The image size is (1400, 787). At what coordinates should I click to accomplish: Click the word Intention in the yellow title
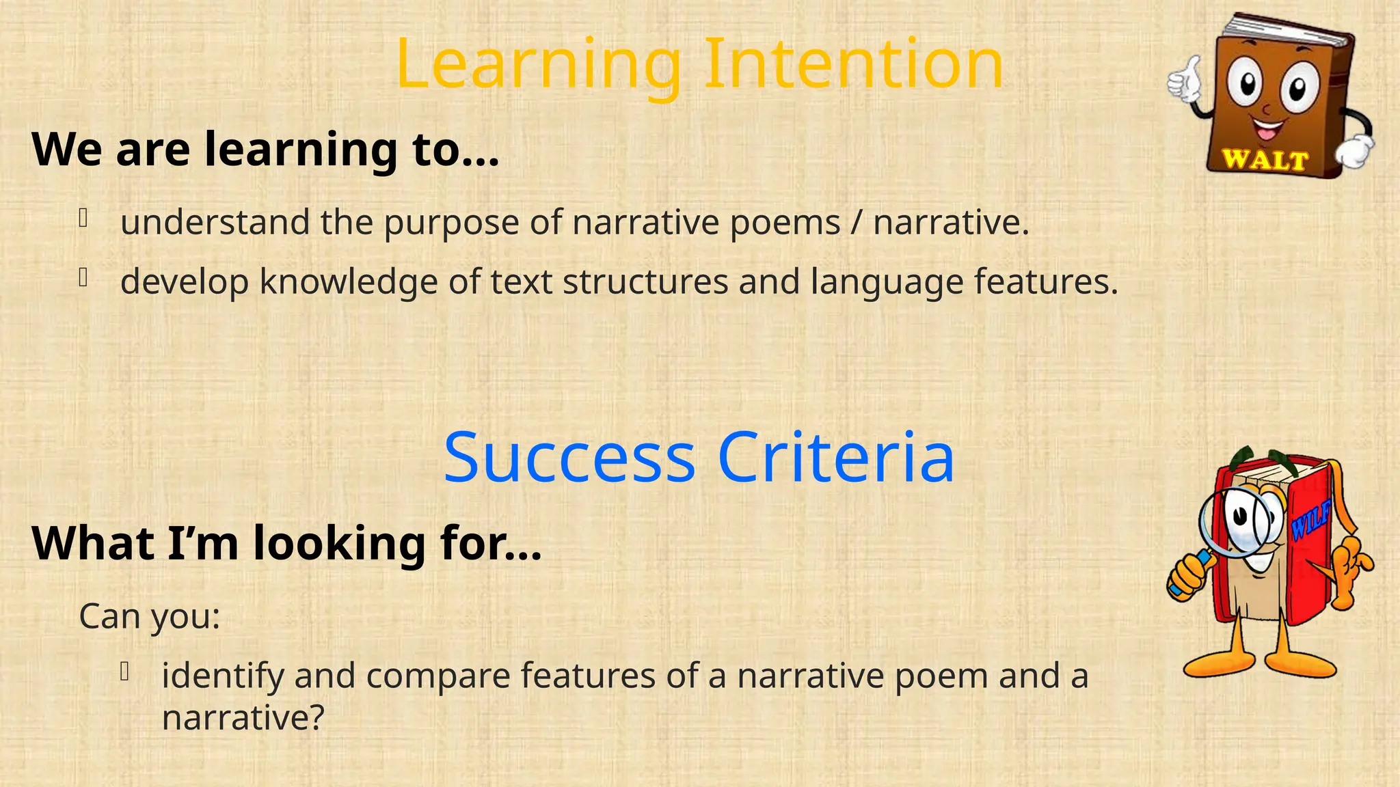[853, 64]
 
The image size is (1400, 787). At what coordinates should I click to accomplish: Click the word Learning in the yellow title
[539, 66]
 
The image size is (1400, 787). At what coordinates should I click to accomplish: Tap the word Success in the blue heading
[569, 458]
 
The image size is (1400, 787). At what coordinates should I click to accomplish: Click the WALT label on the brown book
[1265, 160]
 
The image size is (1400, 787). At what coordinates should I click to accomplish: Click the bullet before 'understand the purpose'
[83, 218]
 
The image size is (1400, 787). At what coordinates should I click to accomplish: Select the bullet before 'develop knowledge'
[83, 277]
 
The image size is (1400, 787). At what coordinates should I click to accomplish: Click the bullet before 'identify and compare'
[124, 672]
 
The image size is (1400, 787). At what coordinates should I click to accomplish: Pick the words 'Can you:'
[150, 616]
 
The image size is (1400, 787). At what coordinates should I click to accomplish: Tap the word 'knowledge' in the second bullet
[349, 282]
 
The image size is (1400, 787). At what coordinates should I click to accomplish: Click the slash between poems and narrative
[857, 223]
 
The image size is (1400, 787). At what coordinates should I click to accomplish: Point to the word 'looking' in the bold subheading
[339, 544]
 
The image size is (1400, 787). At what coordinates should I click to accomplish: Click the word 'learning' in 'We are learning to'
[301, 150]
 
